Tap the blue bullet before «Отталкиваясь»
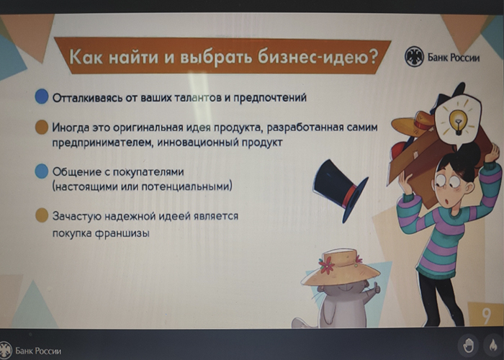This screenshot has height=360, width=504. [x=42, y=96]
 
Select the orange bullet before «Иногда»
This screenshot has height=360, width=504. [x=42, y=127]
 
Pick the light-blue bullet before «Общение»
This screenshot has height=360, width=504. [x=42, y=171]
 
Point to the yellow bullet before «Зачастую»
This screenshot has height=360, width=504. [x=42, y=215]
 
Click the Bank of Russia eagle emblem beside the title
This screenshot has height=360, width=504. [x=414, y=57]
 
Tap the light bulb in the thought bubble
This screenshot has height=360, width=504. [x=458, y=121]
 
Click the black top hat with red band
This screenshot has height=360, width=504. [x=340, y=189]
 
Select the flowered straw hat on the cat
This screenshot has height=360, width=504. [x=341, y=267]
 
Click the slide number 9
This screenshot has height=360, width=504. [x=486, y=315]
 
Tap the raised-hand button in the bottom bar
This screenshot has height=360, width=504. [x=469, y=346]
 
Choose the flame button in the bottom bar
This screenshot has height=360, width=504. [x=492, y=346]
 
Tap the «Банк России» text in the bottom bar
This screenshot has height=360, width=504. [x=38, y=351]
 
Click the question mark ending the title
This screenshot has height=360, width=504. [x=373, y=57]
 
